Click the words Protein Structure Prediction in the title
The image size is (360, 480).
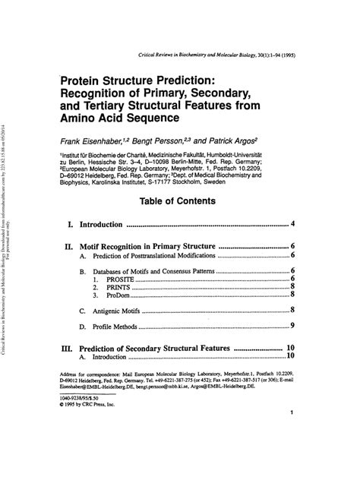tap(140, 79)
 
